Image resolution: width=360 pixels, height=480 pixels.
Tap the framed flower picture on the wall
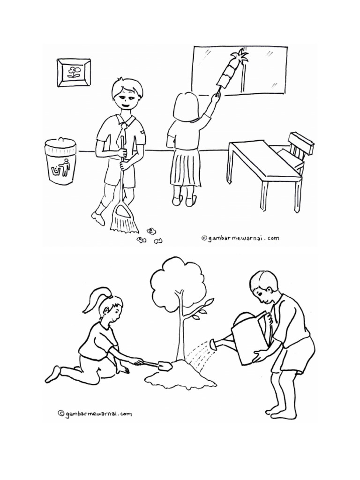[74, 73]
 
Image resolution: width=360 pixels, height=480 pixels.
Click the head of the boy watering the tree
[263, 288]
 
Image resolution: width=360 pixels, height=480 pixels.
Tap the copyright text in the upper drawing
[240, 238]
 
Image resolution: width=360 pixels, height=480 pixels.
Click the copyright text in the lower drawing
[95, 413]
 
